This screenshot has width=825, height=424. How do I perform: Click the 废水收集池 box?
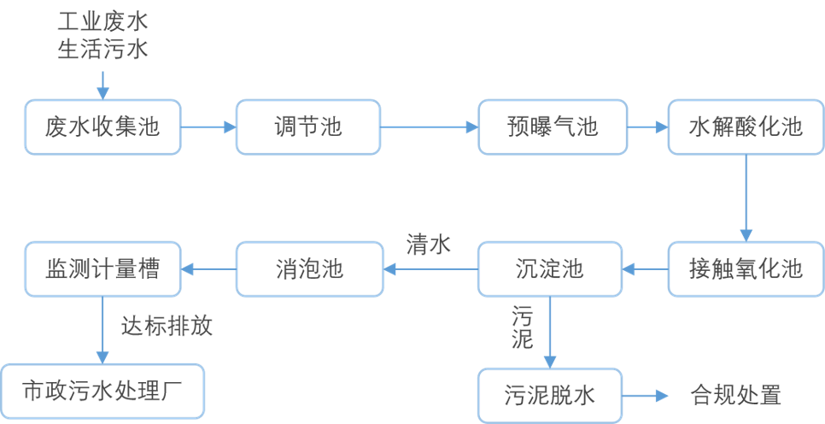[103, 127]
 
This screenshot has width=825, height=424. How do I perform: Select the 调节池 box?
[307, 127]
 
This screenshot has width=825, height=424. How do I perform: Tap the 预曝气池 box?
[553, 127]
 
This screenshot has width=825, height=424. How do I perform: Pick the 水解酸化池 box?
[746, 127]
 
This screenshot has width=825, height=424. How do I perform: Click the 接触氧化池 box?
[746, 269]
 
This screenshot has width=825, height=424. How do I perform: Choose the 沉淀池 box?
[550, 269]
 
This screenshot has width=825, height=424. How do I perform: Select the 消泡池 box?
[309, 269]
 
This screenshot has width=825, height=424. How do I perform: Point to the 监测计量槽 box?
[103, 269]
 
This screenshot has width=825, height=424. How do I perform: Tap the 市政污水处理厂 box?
[102, 392]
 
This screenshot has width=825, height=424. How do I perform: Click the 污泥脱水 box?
[550, 396]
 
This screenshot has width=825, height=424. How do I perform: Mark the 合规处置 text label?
[735, 396]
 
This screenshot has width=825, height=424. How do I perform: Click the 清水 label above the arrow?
[428, 245]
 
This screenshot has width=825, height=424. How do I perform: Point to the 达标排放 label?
[167, 326]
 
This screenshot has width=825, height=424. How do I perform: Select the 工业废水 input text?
[102, 22]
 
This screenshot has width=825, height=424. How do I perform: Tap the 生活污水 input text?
[102, 50]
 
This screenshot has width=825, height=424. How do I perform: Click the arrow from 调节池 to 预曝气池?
[429, 127]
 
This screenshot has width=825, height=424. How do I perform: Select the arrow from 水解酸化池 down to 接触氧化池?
[746, 198]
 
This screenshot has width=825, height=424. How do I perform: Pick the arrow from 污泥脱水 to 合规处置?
[645, 396]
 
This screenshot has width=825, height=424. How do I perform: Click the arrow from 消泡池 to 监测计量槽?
[209, 269]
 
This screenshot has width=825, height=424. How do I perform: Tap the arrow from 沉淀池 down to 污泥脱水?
[550, 333]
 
